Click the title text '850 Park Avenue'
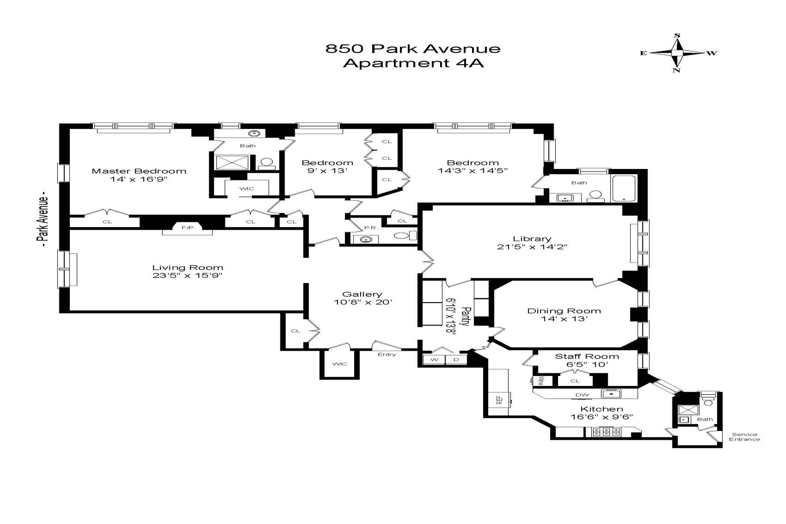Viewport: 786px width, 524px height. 413,48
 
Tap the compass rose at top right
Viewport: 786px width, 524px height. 677,53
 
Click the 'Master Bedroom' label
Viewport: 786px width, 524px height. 139,171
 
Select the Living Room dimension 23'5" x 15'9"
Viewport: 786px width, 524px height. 187,276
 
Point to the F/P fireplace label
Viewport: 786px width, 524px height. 184,228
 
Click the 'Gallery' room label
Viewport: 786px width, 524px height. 362,294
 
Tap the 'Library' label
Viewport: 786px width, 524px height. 532,239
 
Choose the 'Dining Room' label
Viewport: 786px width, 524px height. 564,311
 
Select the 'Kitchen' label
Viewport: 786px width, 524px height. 601,409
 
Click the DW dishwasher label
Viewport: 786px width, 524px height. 582,395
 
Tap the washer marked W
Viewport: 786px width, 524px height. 434,360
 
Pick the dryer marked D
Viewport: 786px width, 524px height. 456,360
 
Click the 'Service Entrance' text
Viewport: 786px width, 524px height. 745,437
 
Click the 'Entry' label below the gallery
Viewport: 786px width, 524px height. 386,355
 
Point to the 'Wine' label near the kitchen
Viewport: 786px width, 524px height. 540,381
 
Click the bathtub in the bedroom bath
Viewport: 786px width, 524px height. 624,188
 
